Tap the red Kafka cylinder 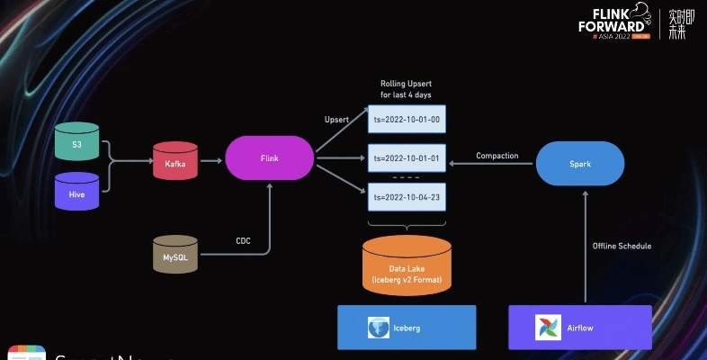(175, 162)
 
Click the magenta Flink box (269, 158)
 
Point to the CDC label (243, 241)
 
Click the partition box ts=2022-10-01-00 (407, 119)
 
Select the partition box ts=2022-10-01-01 (407, 158)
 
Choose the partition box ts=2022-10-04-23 (407, 197)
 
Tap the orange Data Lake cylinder (407, 265)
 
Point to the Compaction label (497, 156)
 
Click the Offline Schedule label (622, 246)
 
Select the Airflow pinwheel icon (549, 327)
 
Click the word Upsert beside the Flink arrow (336, 119)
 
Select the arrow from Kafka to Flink (210, 162)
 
